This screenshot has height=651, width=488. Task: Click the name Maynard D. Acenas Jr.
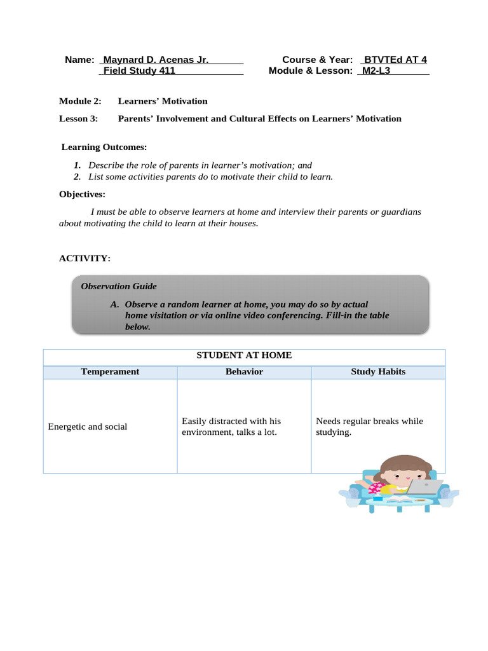coord(156,60)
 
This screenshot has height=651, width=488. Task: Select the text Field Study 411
coord(139,71)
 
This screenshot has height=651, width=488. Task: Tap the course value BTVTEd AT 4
coord(395,60)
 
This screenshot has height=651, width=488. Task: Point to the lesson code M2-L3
coord(376,71)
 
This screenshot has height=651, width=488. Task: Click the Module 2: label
coord(80,101)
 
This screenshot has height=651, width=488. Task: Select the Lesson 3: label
coord(79,118)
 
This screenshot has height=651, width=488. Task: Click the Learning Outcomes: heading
coord(104,147)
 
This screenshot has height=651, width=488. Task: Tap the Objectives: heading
coord(83,194)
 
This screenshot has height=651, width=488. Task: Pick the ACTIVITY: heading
coord(85,258)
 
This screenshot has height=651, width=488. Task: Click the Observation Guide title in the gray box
coord(119,286)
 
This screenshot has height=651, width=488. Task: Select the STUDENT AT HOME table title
coord(244,355)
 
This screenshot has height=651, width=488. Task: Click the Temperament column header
coord(110,371)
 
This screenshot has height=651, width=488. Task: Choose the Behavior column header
coord(244,371)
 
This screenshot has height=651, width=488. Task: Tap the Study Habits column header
coord(378,371)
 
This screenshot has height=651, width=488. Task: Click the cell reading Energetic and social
coord(88,427)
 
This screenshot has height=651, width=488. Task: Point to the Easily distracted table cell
coord(231,427)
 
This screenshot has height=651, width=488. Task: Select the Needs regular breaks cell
coord(369,427)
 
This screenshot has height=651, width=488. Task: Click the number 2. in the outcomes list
coord(77,177)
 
